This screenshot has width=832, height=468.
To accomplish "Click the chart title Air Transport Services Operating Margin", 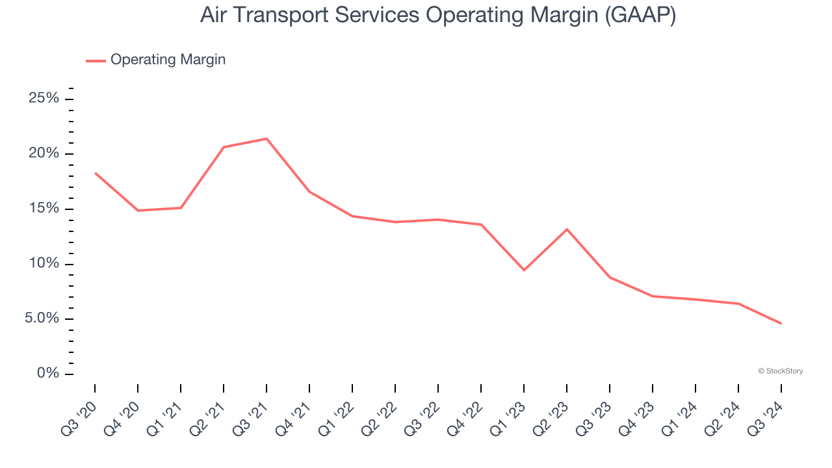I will point(438,15).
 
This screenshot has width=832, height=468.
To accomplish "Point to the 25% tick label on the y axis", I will point(44,99).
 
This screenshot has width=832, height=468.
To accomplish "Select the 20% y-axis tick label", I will point(44,154).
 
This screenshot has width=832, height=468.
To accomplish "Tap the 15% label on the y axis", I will point(44,209).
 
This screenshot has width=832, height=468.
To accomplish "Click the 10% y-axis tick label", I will point(44,264).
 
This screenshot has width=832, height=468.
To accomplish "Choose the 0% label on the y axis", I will point(48,374).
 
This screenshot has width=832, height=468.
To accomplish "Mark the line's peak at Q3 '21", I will point(266,138).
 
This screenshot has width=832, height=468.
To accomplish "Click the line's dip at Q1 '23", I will point(524,270).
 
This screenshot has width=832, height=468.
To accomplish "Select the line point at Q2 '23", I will point(567,229).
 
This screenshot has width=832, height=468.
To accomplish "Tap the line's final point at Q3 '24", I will point(781,323).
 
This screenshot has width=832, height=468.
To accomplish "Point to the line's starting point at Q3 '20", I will point(95,173).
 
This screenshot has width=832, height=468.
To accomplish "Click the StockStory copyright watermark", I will point(781,371).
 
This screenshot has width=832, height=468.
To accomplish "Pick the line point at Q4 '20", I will point(138,211).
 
